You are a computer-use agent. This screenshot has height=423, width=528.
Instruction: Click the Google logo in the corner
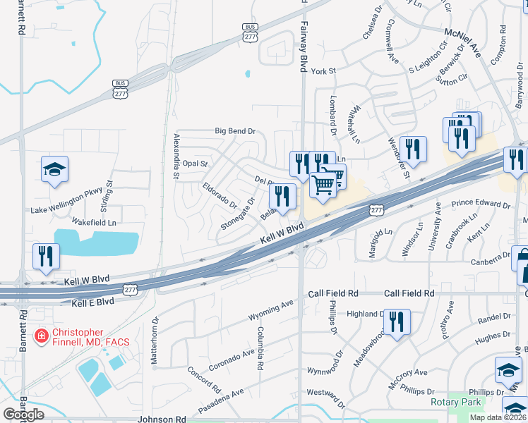23,414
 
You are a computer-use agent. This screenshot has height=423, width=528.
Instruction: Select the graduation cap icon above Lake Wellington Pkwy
54,170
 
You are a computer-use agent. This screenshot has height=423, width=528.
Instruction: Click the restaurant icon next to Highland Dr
397,322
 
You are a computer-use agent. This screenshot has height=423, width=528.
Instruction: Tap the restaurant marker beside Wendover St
413,149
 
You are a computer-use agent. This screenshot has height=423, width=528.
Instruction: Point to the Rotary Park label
455,403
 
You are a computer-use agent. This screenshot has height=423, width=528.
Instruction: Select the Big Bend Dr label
235,131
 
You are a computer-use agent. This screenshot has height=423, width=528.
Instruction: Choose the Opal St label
195,163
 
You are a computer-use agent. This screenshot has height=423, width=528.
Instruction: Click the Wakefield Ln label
92,222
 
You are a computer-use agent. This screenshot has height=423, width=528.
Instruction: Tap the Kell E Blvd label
92,302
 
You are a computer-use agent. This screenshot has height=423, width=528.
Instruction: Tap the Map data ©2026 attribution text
498,417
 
